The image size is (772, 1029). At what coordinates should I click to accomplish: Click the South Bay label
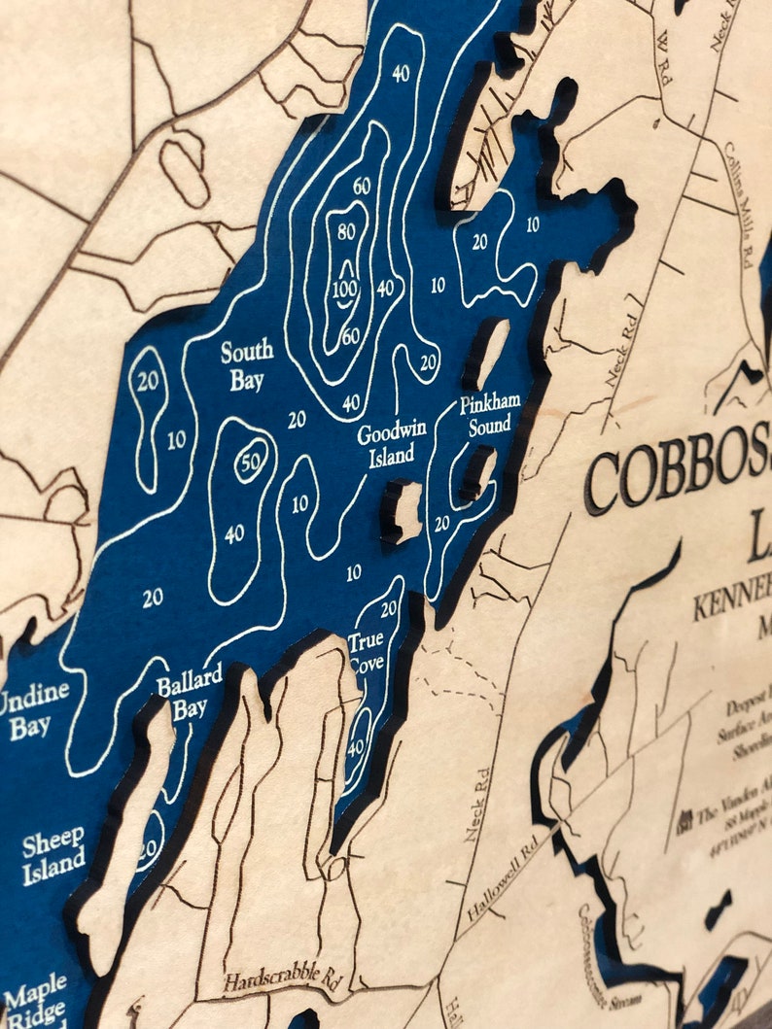click(247, 365)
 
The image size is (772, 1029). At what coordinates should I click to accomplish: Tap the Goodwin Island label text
click(385, 444)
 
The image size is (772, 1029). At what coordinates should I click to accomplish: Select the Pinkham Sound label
click(491, 413)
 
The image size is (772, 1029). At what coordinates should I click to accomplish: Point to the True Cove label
click(367, 653)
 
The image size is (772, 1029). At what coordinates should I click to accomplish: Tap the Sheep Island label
click(53, 849)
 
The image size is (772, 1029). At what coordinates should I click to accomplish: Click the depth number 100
click(344, 289)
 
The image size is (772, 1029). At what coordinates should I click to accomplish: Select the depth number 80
click(346, 232)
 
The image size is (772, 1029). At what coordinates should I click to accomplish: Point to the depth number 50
click(250, 463)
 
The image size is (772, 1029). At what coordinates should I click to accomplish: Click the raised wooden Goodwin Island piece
click(404, 509)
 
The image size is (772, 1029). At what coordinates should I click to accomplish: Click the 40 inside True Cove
click(357, 749)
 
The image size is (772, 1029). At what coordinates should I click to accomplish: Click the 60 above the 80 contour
click(362, 187)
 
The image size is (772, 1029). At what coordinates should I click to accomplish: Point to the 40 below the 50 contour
click(234, 533)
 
